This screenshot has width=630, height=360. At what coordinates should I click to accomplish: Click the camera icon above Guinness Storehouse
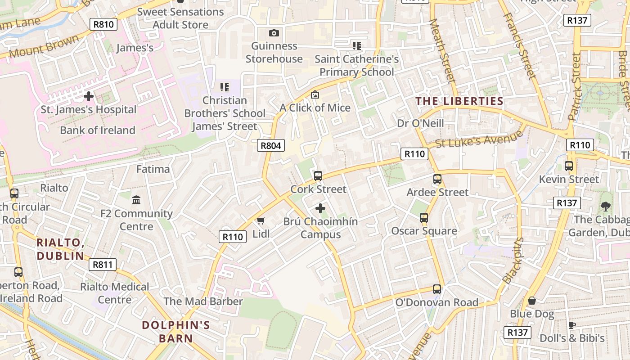[274, 33]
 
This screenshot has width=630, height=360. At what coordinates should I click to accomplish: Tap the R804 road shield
[271, 145]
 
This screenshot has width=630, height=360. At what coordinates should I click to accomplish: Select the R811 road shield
[103, 265]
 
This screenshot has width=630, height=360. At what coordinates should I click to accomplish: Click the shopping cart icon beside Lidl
[261, 220]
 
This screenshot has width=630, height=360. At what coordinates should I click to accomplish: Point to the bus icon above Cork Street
[318, 175]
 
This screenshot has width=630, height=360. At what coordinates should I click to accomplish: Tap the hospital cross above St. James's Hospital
[89, 96]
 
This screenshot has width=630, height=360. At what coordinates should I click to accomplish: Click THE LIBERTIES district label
[459, 101]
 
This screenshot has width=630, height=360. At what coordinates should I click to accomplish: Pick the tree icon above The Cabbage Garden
[605, 207]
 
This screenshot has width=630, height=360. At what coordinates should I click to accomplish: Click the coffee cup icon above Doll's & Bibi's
[572, 325]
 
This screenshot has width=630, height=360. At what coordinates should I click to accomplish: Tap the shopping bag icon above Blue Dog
[532, 301]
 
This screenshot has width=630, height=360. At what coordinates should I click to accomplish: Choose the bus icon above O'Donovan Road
[436, 289]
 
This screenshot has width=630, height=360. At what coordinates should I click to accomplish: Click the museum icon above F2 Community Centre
[136, 199]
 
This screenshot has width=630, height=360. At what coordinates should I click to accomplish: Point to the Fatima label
[153, 169]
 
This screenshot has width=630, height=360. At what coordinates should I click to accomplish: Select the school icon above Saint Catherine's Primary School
[356, 45]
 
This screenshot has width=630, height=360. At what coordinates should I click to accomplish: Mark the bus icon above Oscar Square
[424, 218]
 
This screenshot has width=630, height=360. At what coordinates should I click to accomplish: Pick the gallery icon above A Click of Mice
[315, 94]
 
